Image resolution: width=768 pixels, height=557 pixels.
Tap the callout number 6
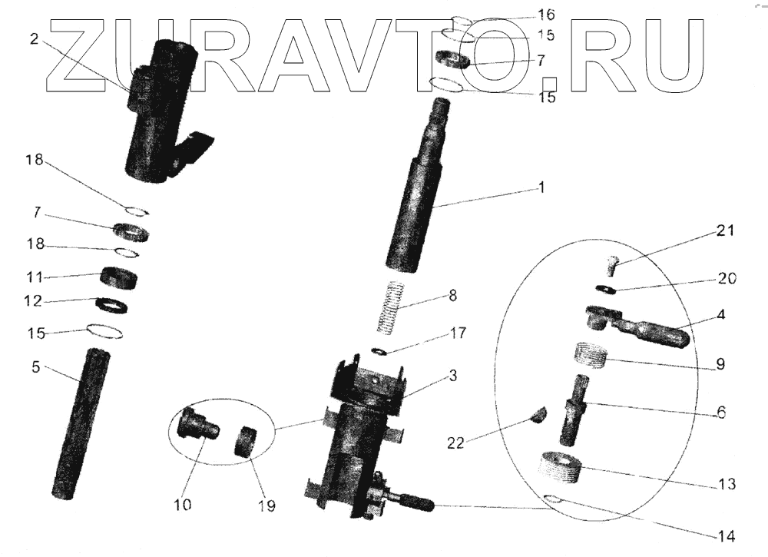click(720, 412)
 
